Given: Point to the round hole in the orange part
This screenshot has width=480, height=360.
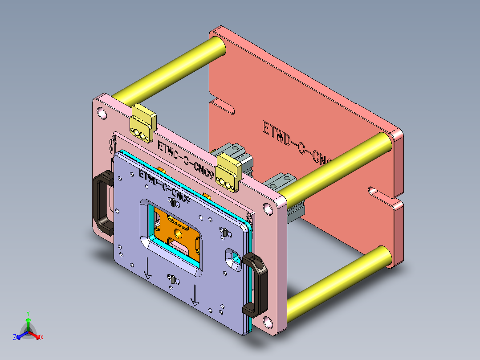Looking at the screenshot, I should click(179, 232).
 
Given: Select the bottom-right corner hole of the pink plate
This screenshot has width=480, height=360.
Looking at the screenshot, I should click(267, 322).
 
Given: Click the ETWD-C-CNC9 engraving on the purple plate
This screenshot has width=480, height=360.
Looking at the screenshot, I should click(165, 187).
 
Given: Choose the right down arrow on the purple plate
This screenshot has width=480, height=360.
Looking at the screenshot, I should click(195, 296).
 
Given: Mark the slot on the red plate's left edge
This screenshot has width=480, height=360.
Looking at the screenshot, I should click(223, 107).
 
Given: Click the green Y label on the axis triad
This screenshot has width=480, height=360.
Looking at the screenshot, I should click(28, 313).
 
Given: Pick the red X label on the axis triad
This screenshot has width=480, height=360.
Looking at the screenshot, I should click(41, 338).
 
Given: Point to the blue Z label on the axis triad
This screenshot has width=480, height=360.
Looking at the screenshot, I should click(15, 338).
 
